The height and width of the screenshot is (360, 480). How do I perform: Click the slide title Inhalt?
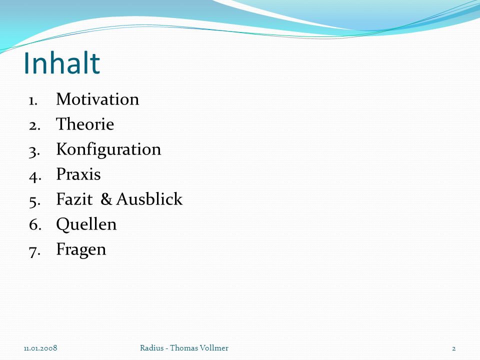(x=62, y=63)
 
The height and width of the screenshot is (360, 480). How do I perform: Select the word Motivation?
(x=97, y=99)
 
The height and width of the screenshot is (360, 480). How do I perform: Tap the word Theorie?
(x=85, y=124)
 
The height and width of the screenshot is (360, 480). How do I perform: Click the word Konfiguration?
(x=108, y=150)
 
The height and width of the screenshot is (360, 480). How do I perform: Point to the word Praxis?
(x=78, y=174)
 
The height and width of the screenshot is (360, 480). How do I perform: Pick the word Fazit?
(x=74, y=199)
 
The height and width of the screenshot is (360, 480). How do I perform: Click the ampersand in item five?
(x=106, y=199)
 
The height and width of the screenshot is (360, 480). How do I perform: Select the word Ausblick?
(x=149, y=199)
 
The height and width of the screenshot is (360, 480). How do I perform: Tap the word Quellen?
(x=86, y=224)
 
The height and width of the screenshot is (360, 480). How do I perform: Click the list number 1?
(x=33, y=100)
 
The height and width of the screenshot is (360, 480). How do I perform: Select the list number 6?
(x=35, y=224)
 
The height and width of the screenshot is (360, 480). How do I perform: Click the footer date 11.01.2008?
(x=40, y=348)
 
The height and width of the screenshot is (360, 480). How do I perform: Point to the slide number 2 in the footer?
(x=453, y=348)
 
